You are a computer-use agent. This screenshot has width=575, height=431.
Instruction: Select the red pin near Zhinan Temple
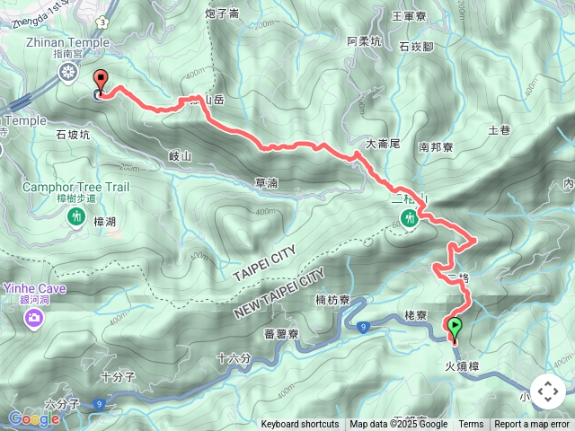[100, 83]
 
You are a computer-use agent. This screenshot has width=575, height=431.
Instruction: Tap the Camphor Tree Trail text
[76, 187]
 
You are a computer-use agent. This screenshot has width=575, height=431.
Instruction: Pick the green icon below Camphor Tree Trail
[76, 216]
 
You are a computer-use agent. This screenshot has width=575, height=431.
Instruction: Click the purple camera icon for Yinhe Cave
[34, 317]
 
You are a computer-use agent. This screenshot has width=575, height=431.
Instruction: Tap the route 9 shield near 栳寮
[361, 327]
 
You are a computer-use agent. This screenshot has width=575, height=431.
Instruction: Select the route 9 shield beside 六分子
[96, 405]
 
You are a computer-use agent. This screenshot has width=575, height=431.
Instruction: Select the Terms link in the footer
[471, 425]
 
